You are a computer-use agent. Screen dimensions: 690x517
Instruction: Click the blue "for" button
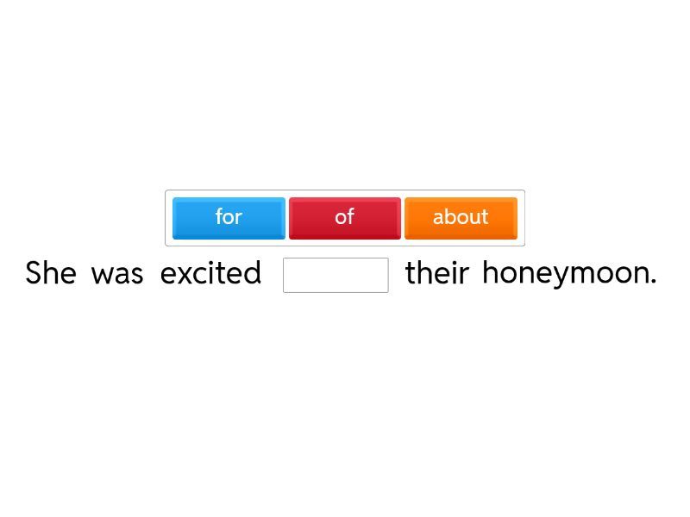[x=229, y=219]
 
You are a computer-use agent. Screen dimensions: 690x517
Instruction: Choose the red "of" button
[x=345, y=219]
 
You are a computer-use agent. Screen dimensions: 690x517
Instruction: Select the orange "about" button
[x=461, y=219]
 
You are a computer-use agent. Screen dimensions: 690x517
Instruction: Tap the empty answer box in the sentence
[x=336, y=275]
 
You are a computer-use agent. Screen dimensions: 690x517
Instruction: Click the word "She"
[x=51, y=272]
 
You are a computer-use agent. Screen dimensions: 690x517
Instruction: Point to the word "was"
[x=117, y=275]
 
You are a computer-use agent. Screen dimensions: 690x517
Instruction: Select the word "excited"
[x=210, y=272]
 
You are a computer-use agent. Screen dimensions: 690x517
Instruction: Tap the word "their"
[x=437, y=272]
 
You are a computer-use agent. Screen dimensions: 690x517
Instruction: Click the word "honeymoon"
[x=566, y=274]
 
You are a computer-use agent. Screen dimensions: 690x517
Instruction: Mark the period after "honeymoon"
[x=653, y=283]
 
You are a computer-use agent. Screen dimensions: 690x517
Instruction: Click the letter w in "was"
[x=102, y=275]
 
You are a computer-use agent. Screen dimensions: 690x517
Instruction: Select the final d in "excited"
[x=252, y=272]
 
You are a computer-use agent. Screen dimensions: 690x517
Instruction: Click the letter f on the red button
[x=350, y=216]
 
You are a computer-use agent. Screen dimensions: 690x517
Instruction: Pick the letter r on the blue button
[x=239, y=219]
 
